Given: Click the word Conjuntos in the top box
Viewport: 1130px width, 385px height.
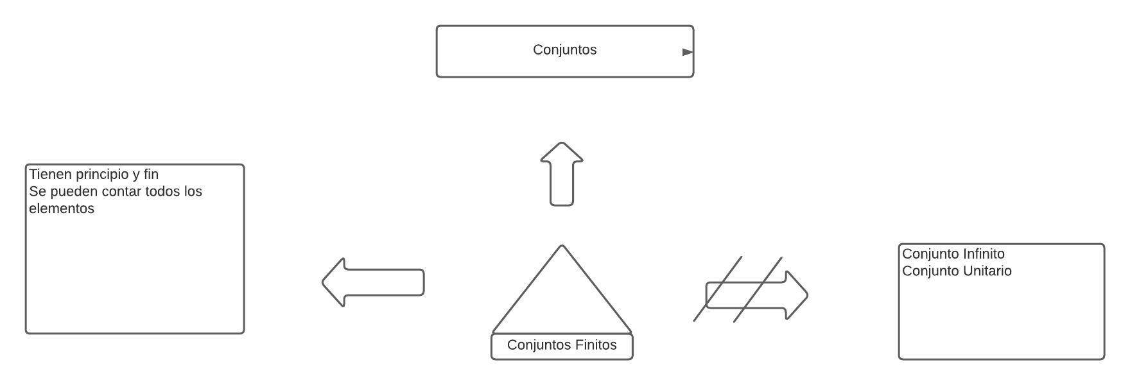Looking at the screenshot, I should coord(564,49).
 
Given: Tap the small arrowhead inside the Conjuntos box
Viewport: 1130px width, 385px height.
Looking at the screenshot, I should coord(688,52).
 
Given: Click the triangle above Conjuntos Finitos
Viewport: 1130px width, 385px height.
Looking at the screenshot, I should coord(562,295).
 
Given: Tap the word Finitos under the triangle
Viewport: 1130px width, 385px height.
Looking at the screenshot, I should coord(596,345).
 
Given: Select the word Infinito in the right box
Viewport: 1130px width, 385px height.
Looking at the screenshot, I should coord(983,254).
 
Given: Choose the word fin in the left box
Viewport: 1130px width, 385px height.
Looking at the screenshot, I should coord(151,175).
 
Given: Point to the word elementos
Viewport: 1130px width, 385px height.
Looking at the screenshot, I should coord(62,209).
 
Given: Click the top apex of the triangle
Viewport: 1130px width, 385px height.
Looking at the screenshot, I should coord(562,246).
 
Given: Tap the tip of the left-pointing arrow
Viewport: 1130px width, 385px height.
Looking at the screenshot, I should coord(324,282).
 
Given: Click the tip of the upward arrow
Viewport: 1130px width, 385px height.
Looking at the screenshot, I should coord(562,144).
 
